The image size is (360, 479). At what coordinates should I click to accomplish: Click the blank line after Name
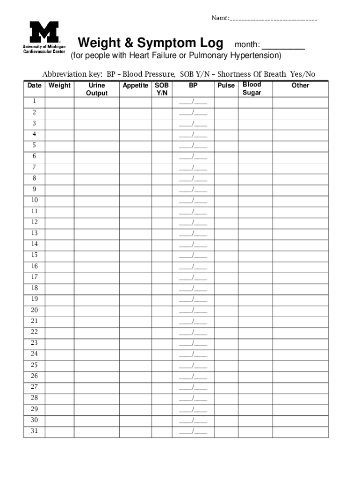[274, 19]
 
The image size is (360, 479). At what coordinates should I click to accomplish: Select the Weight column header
[59, 86]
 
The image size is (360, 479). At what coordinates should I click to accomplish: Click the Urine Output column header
[97, 89]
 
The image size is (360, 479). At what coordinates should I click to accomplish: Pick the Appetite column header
[136, 86]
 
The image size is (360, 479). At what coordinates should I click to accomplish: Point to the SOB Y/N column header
[162, 89]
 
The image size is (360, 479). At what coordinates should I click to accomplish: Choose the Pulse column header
[226, 86]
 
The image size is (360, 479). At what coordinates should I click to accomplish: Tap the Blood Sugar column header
[252, 88]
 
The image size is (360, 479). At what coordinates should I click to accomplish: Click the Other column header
[300, 86]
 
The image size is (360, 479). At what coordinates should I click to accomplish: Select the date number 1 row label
[34, 102]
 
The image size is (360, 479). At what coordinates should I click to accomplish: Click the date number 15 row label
[34, 255]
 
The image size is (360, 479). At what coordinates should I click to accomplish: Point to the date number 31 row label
[34, 431]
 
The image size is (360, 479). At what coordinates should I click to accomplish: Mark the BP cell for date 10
[193, 200]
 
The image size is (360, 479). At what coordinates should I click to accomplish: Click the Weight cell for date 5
[59, 145]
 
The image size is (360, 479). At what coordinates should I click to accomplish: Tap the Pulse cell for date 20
[226, 310]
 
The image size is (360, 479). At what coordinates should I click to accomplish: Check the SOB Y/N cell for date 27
[162, 387]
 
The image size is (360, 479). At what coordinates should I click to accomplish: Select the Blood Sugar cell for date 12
[255, 222]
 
